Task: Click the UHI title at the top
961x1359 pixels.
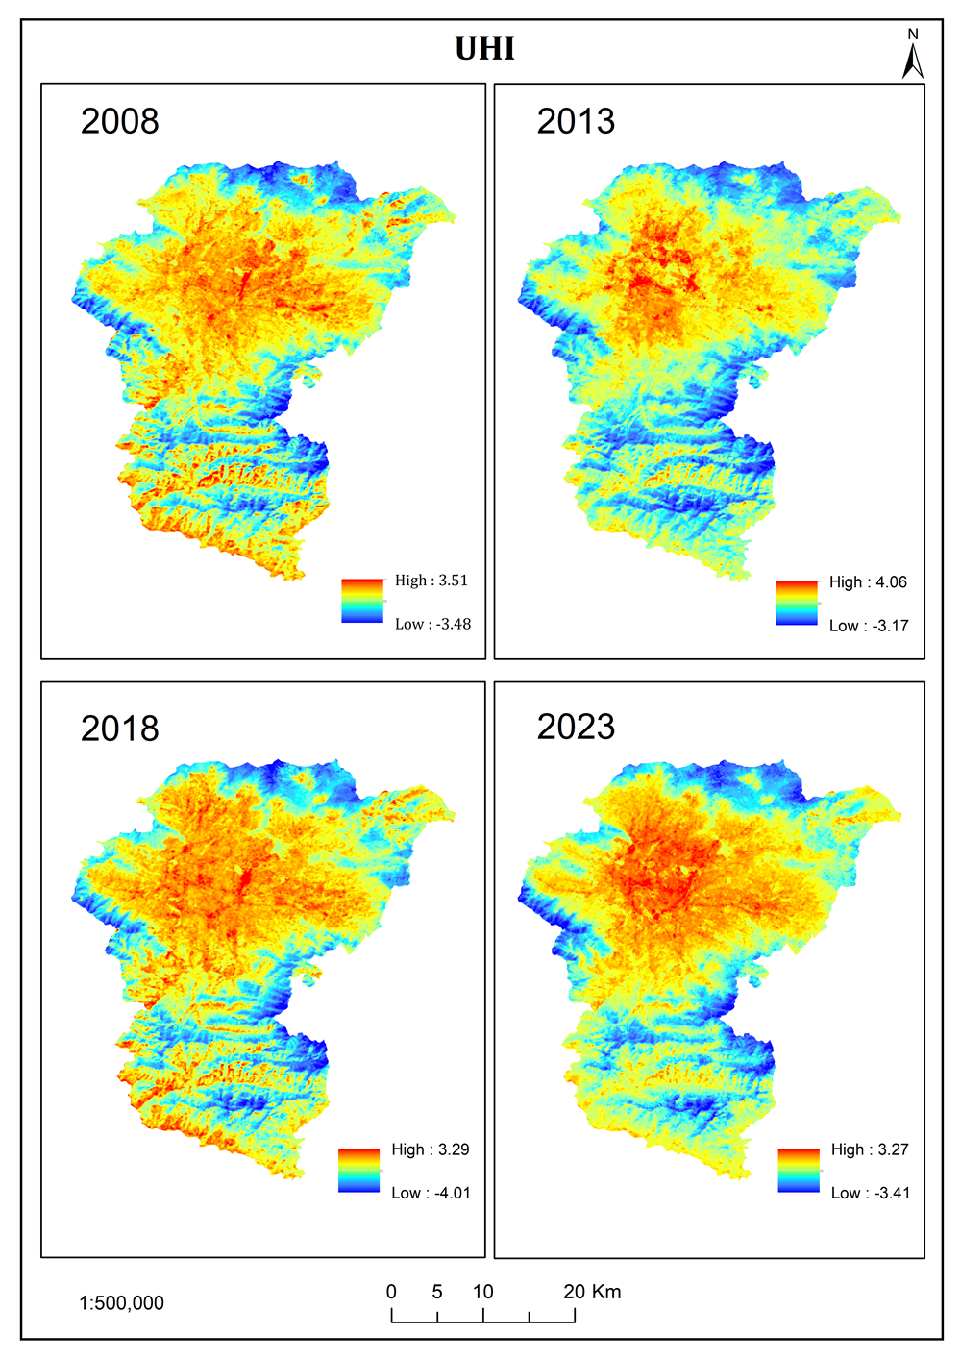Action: point(484,48)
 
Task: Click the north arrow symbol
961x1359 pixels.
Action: point(912,56)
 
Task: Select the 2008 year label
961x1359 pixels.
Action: point(119,121)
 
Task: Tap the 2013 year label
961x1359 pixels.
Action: point(575,121)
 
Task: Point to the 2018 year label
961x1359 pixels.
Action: point(119,729)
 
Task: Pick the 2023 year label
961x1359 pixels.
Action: point(575,727)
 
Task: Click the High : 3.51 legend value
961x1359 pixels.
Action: point(431,581)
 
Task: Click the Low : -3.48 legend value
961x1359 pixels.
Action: point(432,624)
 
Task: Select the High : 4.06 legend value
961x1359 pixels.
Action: point(868,582)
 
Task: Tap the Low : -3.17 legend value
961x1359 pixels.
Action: point(869,626)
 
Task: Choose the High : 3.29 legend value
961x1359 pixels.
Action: point(430,1149)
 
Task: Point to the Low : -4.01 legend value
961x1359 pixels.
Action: point(431,1193)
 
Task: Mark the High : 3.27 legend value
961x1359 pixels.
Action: point(870,1149)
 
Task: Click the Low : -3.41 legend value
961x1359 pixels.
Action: point(870,1193)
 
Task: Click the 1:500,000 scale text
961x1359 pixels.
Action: point(121,1303)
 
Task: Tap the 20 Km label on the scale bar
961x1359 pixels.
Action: point(592,1292)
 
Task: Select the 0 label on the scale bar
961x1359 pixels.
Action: point(391,1292)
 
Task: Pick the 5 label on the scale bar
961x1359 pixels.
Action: point(437,1292)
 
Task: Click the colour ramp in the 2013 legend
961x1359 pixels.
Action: point(797,604)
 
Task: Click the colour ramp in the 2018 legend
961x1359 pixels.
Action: point(358,1171)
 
